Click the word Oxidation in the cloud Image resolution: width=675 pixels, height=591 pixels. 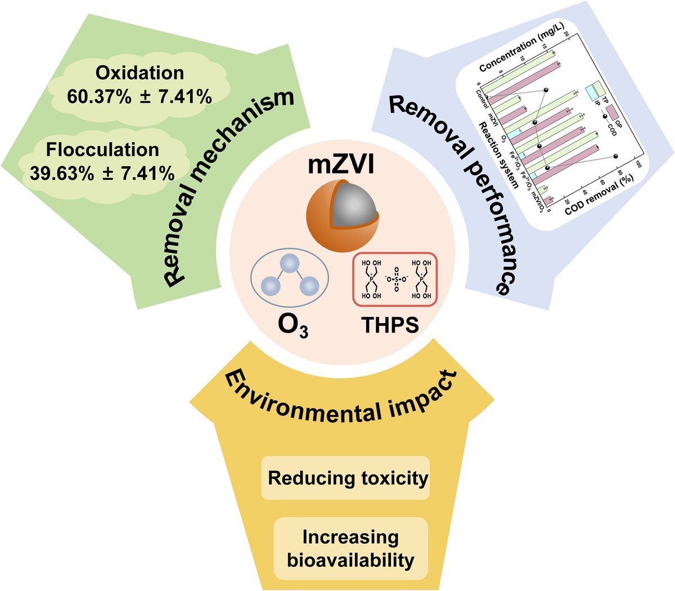(139, 73)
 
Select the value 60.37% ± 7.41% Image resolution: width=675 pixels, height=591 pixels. (139, 97)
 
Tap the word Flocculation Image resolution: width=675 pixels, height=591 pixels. (102, 150)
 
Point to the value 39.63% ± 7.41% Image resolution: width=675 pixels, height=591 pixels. (102, 174)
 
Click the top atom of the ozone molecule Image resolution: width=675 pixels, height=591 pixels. (289, 262)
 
